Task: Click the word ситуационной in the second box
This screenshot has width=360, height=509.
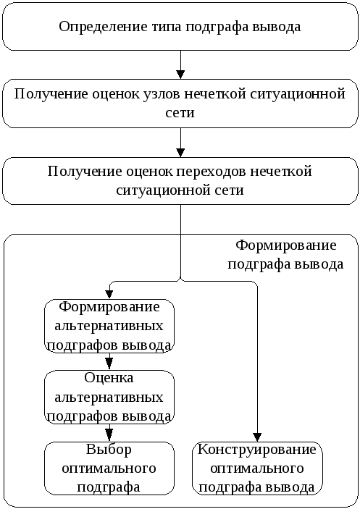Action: click(x=298, y=95)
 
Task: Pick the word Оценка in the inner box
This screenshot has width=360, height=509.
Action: click(x=109, y=378)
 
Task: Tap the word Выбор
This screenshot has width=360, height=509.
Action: click(x=109, y=450)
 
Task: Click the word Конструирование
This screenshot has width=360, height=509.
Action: click(x=256, y=450)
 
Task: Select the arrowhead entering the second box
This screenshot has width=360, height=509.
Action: click(x=180, y=75)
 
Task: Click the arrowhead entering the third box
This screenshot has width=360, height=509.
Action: click(x=180, y=153)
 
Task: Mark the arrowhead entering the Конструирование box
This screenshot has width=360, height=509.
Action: click(x=257, y=437)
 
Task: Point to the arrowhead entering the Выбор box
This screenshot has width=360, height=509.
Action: click(x=109, y=434)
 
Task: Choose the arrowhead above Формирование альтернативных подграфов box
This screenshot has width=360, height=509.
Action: click(x=109, y=294)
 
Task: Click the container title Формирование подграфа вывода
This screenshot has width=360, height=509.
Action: click(x=285, y=255)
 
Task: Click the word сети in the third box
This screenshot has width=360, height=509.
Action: click(x=229, y=190)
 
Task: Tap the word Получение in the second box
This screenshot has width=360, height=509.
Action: click(x=51, y=94)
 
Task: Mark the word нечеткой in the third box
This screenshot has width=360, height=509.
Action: click(x=281, y=172)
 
